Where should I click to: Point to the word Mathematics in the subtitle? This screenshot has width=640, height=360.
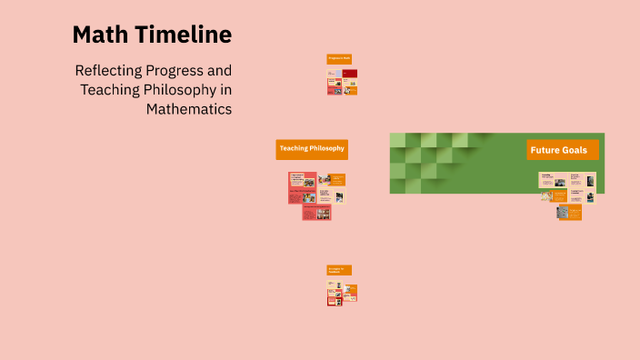[189, 109]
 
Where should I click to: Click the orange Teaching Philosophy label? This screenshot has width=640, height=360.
[312, 149]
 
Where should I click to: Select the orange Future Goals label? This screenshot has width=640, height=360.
[563, 150]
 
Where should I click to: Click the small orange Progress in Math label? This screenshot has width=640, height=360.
[338, 58]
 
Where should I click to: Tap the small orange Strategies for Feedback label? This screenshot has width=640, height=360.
[338, 270]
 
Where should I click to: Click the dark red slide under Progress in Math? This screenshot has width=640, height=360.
[350, 73]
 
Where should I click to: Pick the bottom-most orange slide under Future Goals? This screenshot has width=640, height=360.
[570, 213]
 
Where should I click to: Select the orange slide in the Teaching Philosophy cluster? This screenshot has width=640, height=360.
[337, 179]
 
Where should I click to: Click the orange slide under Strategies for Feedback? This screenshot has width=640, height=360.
[350, 290]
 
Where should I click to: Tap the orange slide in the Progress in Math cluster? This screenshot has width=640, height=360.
[351, 89]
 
